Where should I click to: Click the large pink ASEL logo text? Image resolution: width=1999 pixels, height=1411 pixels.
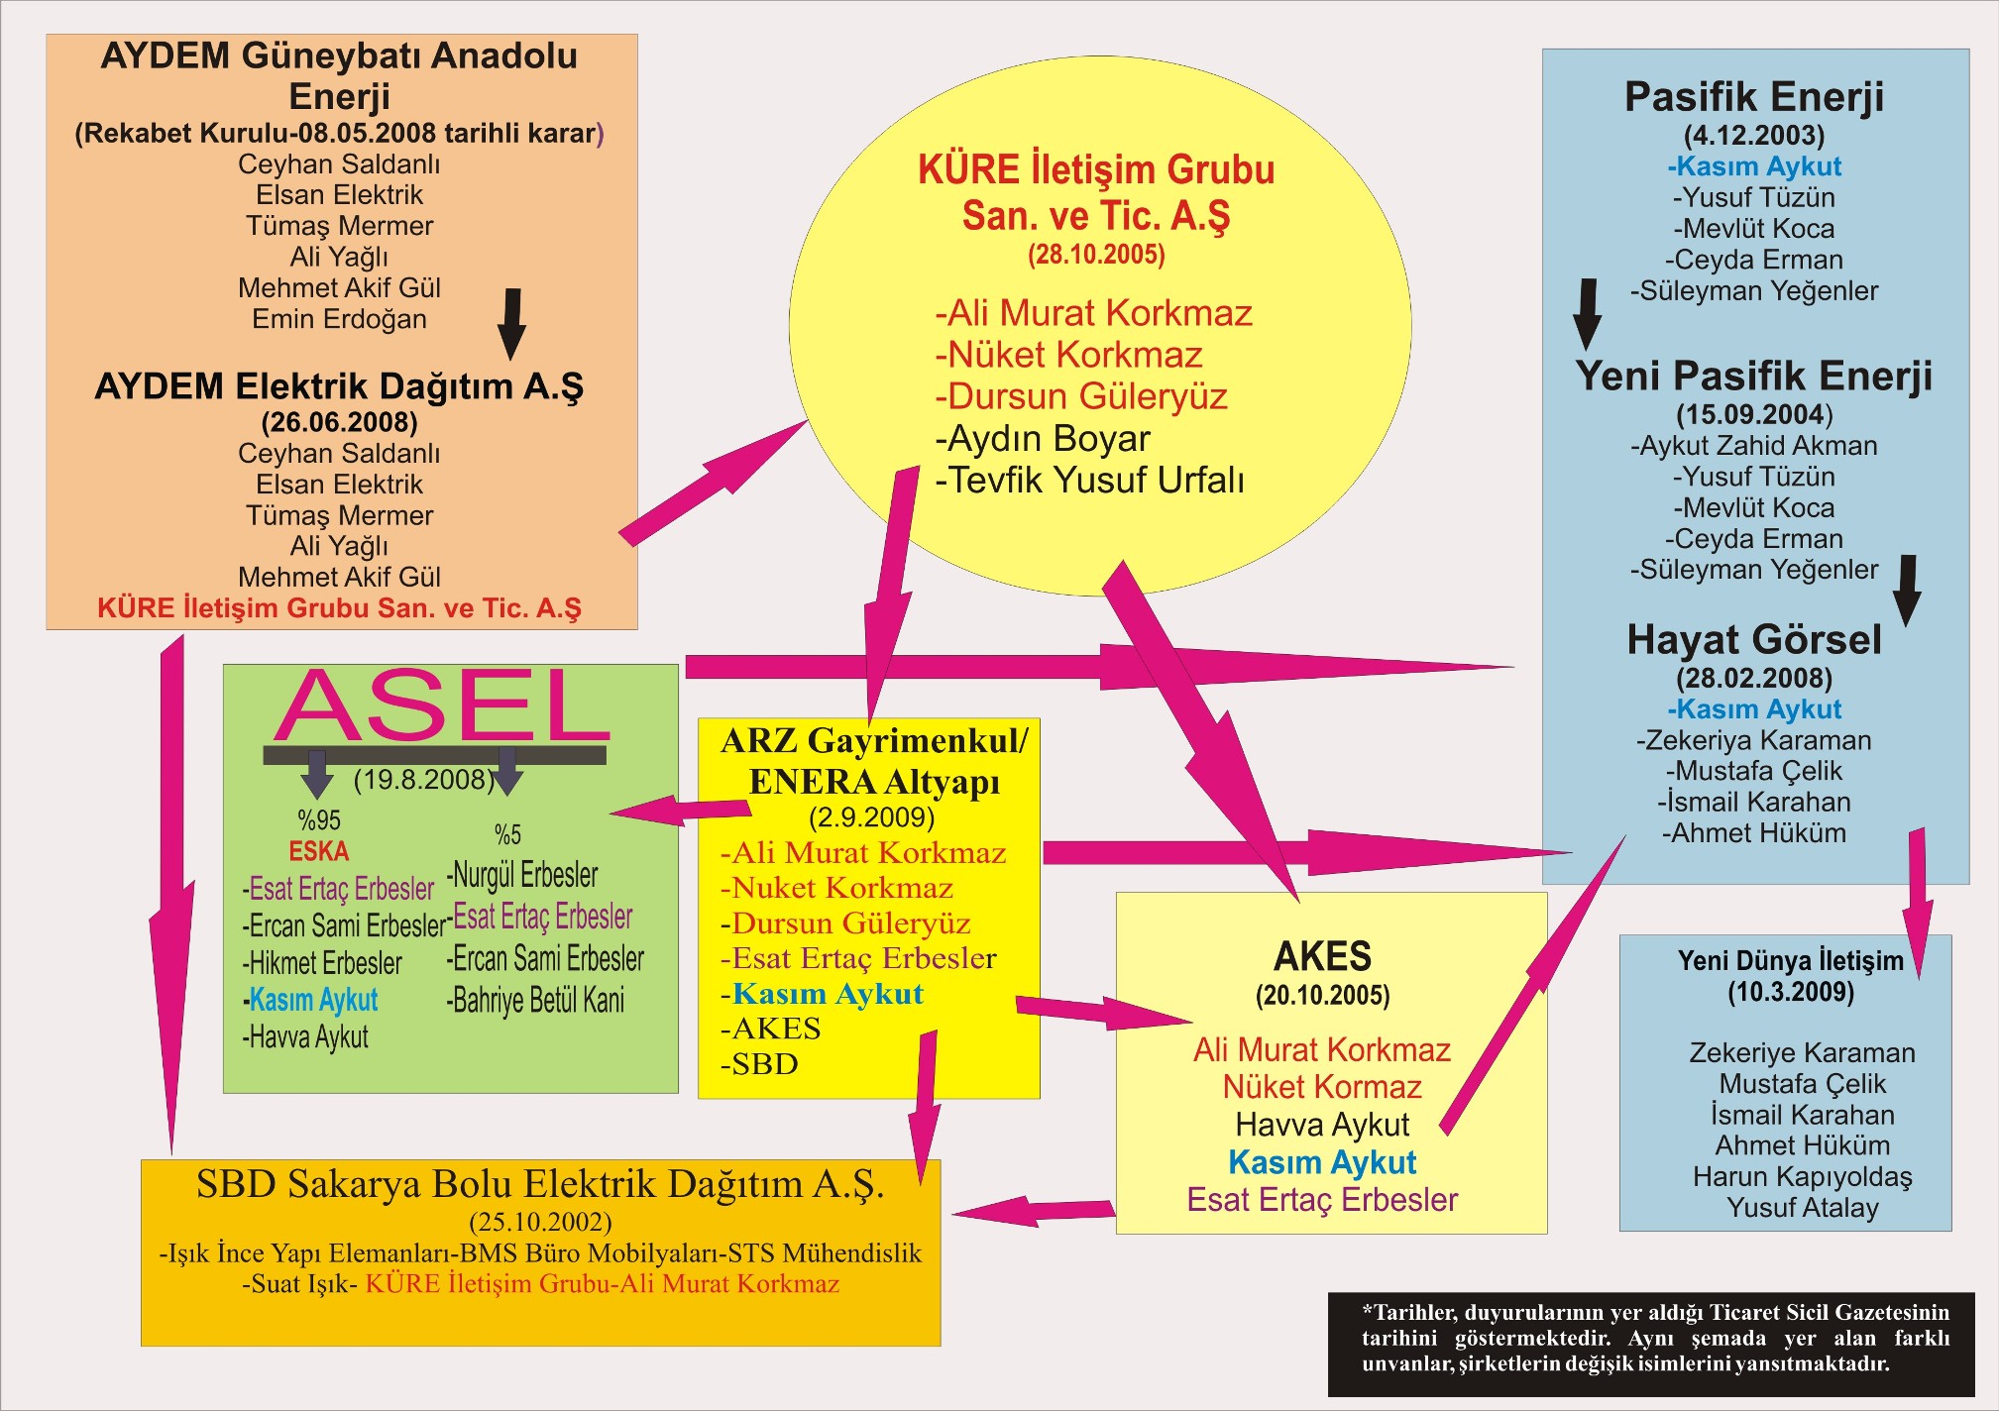click(x=443, y=705)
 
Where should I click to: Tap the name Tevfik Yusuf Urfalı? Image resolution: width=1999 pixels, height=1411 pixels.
click(x=1089, y=481)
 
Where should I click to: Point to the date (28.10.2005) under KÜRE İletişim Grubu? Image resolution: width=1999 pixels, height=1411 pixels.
click(x=1096, y=255)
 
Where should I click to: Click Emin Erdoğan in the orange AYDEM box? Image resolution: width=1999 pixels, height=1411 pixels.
click(x=339, y=319)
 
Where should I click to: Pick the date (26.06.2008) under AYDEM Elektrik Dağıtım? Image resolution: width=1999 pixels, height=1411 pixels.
click(x=339, y=422)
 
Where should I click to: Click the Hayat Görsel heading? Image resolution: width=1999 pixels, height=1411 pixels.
click(x=1753, y=640)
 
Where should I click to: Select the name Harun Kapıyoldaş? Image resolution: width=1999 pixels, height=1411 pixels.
click(x=1802, y=1176)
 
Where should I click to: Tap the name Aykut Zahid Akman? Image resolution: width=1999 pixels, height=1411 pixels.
click(x=1753, y=446)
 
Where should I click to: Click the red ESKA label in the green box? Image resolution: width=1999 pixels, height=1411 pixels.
click(x=319, y=851)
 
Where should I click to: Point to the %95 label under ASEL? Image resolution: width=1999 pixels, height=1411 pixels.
click(x=319, y=820)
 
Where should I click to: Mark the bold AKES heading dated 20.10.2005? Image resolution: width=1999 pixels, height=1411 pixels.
click(x=1322, y=957)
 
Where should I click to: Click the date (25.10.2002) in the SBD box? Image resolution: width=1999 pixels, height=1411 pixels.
click(x=540, y=1222)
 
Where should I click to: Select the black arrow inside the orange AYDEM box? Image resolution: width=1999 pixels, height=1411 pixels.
click(x=511, y=324)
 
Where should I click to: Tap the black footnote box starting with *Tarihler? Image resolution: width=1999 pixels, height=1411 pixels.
click(x=1651, y=1345)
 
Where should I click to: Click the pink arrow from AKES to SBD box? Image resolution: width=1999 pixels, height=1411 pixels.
click(x=1033, y=1210)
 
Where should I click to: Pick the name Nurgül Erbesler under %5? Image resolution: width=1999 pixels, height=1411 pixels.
click(x=522, y=875)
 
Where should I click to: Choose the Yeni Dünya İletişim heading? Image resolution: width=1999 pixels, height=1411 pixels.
click(x=1790, y=960)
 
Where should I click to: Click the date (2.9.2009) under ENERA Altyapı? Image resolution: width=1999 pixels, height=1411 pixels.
click(x=872, y=817)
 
